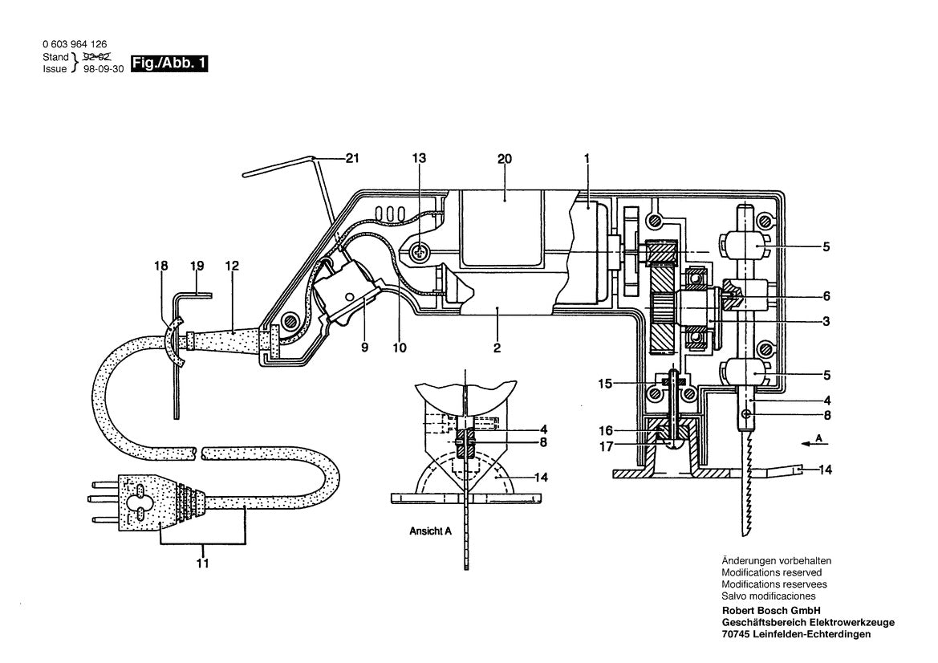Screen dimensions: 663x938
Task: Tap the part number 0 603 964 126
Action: pos(75,44)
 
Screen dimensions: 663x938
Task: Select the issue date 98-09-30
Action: pos(104,70)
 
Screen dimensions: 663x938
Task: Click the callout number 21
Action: pos(351,159)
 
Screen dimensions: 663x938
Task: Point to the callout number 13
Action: pos(419,159)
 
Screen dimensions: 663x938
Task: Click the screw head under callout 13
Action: pos(419,253)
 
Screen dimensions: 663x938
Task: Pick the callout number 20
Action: pos(504,159)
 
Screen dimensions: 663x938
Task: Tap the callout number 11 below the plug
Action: pos(202,564)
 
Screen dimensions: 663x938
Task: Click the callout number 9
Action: pos(366,348)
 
